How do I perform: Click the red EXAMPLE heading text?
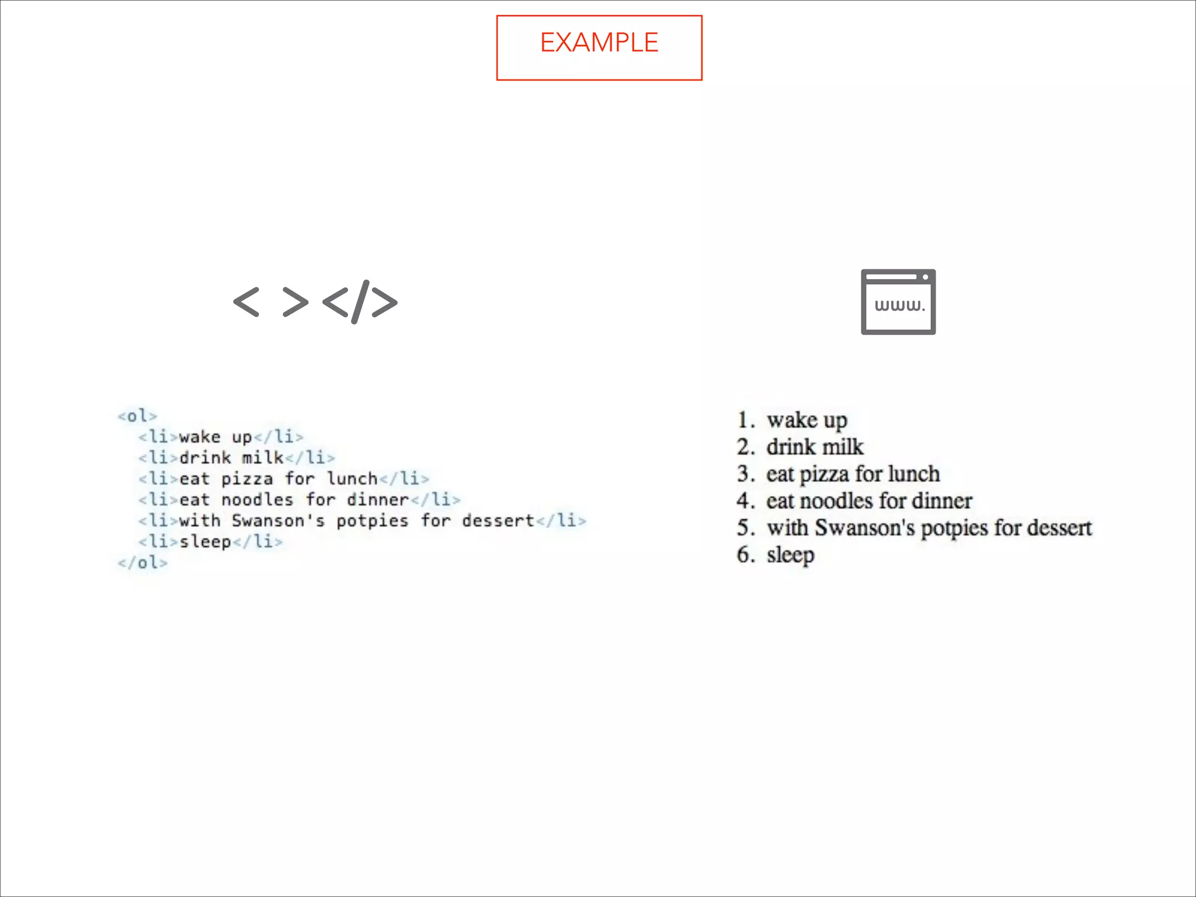click(x=599, y=43)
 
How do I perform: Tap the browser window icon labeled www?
click(x=898, y=302)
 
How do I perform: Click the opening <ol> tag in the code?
click(x=137, y=416)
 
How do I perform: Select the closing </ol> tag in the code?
click(x=142, y=562)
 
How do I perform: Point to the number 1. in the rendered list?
click(x=746, y=420)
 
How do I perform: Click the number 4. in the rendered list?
click(x=746, y=500)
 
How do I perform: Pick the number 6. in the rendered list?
click(x=746, y=554)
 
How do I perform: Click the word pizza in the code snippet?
click(x=247, y=479)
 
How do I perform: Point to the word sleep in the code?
click(x=205, y=542)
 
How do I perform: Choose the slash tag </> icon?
click(x=360, y=302)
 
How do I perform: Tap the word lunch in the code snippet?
click(x=352, y=479)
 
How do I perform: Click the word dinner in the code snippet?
click(x=378, y=500)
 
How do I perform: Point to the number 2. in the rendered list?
click(x=746, y=447)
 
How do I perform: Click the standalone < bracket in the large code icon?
click(x=246, y=302)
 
